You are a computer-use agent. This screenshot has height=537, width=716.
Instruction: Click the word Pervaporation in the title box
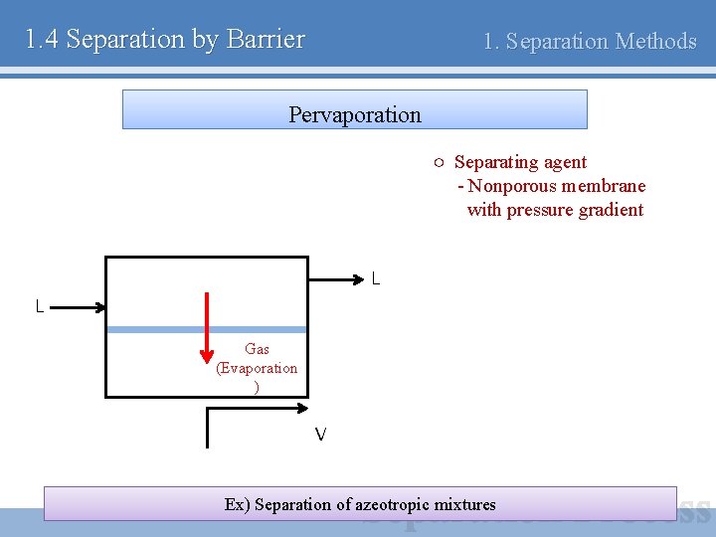[355, 114]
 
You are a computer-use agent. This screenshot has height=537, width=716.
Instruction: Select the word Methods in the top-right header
[656, 42]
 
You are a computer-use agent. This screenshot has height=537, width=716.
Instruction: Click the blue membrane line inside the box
[259, 329]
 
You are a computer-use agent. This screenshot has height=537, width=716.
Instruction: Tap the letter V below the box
[320, 435]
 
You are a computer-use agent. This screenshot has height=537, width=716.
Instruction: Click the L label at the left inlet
[40, 307]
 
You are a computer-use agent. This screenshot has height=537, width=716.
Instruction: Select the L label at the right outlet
[375, 279]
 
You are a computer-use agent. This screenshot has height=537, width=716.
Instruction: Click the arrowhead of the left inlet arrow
[99, 308]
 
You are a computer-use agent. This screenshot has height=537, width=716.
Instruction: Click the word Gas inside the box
[257, 349]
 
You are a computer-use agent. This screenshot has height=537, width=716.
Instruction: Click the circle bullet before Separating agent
[439, 162]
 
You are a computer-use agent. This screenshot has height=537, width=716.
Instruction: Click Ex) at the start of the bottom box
[238, 504]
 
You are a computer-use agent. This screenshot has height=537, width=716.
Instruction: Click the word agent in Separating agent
[565, 162]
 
